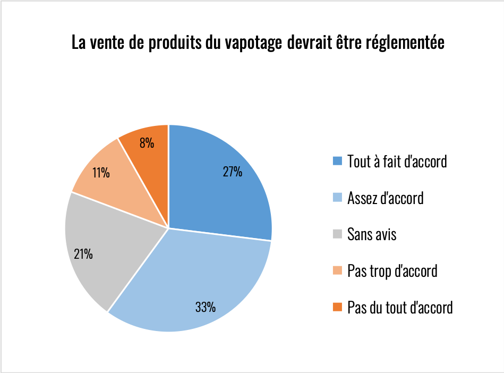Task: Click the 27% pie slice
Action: point(223,197)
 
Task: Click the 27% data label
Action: point(233,172)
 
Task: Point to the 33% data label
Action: point(205,307)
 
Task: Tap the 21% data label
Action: point(83,254)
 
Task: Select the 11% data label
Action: point(100,173)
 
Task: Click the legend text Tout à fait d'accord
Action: point(397,161)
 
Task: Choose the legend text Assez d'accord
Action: point(385,198)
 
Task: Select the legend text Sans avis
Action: point(372,234)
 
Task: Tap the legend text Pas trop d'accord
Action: point(392,271)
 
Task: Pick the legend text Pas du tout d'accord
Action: point(400,307)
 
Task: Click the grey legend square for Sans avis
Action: point(337,234)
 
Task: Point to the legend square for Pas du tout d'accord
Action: point(337,307)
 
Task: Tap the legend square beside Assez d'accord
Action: point(337,198)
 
